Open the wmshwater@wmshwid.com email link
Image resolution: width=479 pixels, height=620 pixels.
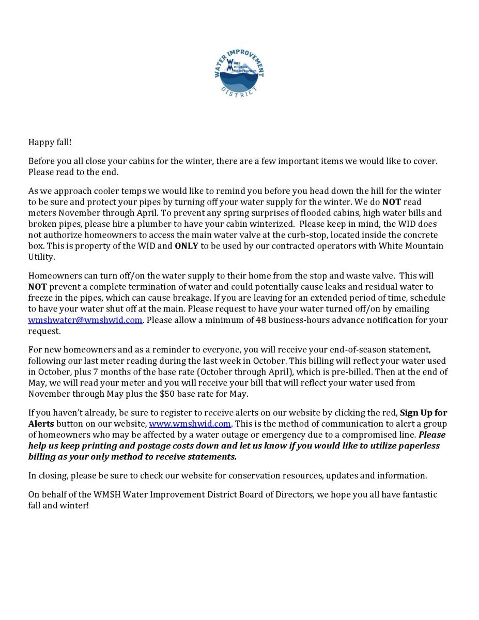coord(85,320)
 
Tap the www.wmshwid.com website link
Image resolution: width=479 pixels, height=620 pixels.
coord(190,424)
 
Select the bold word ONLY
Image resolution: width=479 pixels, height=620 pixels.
coord(187,246)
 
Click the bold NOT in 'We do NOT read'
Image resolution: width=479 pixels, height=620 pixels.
coord(392,202)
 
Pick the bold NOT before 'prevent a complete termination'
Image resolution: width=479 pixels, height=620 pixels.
coord(38,287)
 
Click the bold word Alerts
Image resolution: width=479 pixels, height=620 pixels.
coord(41,424)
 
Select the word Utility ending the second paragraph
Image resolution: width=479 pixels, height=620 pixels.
coord(42,257)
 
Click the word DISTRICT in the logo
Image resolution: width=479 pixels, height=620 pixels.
coord(239,92)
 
